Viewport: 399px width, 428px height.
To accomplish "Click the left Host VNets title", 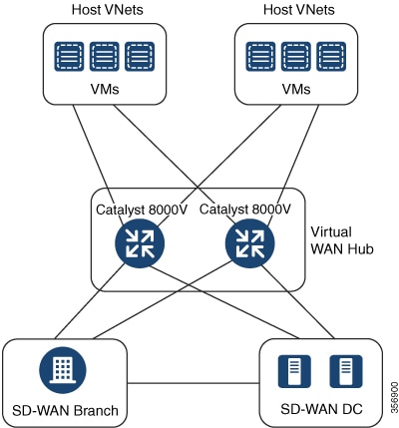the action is [x=108, y=10].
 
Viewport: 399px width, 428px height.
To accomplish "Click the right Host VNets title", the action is [x=299, y=10].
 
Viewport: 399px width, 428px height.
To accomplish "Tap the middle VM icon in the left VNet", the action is [x=105, y=56].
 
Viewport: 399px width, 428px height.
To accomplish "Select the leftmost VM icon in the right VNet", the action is [x=260, y=56].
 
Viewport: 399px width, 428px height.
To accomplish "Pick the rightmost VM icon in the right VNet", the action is [x=331, y=56].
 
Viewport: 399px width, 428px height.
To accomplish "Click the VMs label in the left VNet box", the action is [x=105, y=89].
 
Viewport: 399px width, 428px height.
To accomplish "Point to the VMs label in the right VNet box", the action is [x=296, y=89].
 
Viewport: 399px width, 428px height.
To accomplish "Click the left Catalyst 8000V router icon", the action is [x=140, y=243].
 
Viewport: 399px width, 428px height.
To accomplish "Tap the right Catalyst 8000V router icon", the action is [x=250, y=243].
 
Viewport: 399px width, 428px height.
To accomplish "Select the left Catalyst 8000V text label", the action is [x=142, y=210].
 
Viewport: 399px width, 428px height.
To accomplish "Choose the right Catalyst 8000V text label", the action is [x=245, y=210].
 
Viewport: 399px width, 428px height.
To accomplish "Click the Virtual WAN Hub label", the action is [x=342, y=240].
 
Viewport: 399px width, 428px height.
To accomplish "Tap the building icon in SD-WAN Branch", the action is [x=63, y=370].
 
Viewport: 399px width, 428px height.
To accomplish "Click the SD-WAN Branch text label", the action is [x=65, y=411].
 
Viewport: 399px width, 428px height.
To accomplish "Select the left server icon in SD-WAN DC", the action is [x=294, y=371].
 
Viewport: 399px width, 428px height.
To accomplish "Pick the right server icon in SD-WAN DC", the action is [x=346, y=371].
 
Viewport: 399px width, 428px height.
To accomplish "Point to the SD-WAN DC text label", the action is [x=321, y=409].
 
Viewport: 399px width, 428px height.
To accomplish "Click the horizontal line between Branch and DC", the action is [x=194, y=383].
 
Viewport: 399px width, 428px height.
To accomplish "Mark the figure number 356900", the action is [x=394, y=396].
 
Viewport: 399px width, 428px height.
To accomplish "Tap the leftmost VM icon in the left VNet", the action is [x=69, y=56].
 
